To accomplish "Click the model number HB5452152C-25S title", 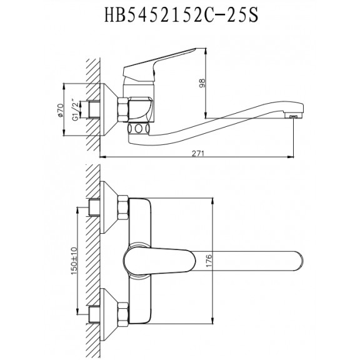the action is [x=181, y=15].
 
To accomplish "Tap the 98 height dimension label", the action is [x=202, y=83].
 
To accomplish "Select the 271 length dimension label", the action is [x=198, y=153].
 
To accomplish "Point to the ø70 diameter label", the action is [x=60, y=111].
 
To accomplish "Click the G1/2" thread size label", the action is [x=75, y=110].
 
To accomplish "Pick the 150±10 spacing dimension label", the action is [x=74, y=261].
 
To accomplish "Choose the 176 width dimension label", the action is [x=209, y=261].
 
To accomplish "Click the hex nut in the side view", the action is [x=123, y=109].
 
